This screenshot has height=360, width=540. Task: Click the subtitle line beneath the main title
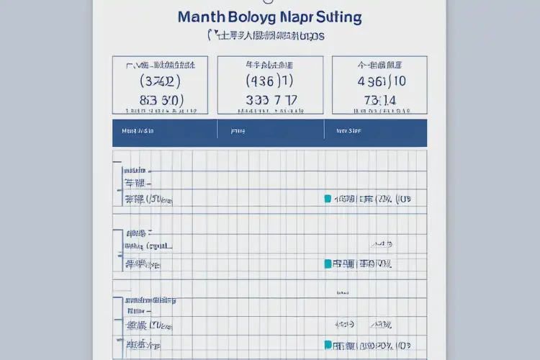[266, 35]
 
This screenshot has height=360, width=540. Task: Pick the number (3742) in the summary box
[159, 81]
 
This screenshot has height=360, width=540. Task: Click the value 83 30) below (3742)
[161, 100]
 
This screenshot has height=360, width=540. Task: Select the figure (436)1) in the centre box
[269, 81]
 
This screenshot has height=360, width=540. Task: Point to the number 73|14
[379, 100]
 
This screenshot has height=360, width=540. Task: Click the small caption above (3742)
[160, 65]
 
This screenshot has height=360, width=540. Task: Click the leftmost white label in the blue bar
[138, 132]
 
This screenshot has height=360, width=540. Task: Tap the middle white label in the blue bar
[237, 132]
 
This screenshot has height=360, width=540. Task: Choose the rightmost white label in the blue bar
[343, 132]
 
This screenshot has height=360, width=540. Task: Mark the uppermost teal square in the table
[328, 199]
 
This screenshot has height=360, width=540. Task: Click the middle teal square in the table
[328, 264]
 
